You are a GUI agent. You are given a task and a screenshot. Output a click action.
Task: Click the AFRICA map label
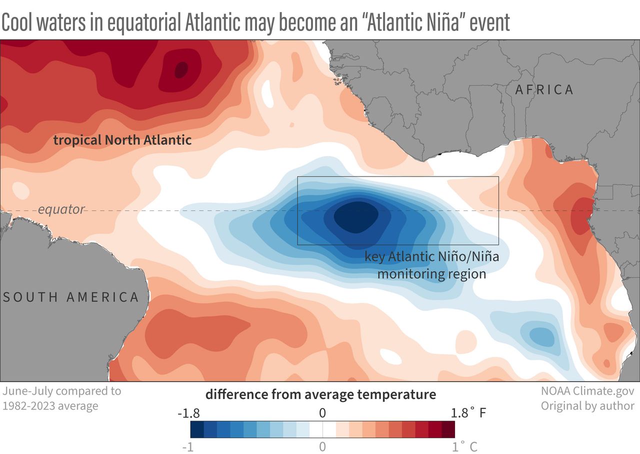tap(544, 89)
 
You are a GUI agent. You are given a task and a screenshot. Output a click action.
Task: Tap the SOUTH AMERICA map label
tap(71, 297)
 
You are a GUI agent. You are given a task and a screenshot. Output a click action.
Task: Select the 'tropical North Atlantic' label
tap(122, 140)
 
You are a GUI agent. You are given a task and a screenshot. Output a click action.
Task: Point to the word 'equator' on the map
tap(61, 209)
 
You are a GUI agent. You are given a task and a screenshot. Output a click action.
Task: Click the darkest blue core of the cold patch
tap(355, 216)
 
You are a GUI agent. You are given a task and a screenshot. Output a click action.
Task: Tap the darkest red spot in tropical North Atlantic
tap(180, 69)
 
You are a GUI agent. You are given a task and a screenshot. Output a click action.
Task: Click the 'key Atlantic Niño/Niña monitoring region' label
tap(431, 265)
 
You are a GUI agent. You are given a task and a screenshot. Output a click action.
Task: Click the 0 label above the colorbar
tap(322, 413)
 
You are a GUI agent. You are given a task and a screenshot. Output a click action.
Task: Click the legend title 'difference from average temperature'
tap(320, 394)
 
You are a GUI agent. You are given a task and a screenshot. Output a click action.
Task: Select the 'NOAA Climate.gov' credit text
tap(587, 391)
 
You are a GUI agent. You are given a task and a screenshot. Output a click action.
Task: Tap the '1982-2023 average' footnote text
tap(50, 405)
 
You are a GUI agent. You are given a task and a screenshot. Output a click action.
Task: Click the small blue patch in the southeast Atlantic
tap(539, 336)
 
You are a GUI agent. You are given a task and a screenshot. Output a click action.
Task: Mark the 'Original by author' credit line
tap(587, 405)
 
